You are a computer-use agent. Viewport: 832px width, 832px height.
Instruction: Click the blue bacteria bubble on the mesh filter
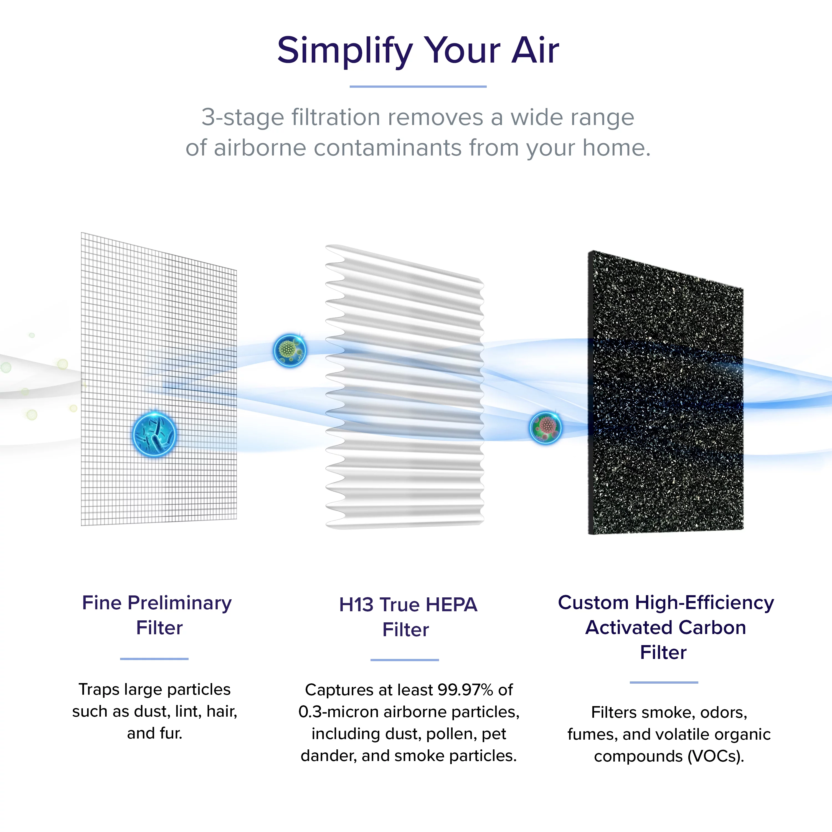154,434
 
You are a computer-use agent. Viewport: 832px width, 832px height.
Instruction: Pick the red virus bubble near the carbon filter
545,427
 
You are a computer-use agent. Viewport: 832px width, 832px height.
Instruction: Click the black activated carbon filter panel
666,393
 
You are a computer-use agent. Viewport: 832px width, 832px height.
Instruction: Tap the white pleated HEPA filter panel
405,387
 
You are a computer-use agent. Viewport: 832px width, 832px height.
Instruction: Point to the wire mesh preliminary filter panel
159,379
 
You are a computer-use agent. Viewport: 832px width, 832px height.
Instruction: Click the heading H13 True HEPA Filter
408,617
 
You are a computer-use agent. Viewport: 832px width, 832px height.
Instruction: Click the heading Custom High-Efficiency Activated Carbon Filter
666,627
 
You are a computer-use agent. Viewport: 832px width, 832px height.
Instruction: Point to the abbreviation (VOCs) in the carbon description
715,756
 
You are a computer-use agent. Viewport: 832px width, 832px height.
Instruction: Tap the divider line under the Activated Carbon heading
664,683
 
